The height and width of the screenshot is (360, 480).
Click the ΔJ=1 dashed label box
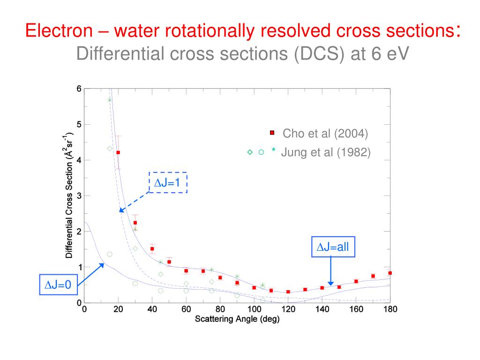168,182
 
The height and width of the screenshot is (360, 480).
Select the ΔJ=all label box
333,247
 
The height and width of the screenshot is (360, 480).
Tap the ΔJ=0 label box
57,285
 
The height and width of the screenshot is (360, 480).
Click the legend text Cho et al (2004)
325,134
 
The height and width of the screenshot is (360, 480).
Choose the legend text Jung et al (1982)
326,152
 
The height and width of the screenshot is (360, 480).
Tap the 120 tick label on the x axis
288,309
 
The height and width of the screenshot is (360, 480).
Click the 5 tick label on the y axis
79,124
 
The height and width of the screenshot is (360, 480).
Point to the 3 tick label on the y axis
79,196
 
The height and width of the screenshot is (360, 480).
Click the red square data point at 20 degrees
118,152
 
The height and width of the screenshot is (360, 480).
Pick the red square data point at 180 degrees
390,273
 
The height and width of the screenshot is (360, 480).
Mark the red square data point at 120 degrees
288,292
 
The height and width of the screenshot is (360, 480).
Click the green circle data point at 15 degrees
110,254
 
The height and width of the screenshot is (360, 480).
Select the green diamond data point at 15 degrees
110,149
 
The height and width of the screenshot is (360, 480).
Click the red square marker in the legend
272,133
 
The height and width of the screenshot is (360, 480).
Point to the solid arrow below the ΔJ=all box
331,271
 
